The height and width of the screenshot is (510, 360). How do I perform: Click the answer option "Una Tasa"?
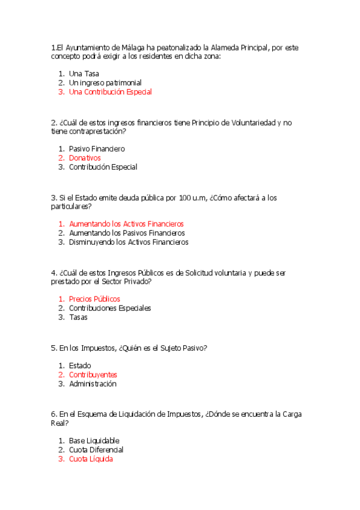point(84,73)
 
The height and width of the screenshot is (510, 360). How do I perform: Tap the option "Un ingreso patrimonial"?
point(105,82)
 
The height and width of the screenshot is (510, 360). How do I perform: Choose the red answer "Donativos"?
point(85,158)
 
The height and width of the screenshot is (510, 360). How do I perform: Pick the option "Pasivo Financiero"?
point(97,149)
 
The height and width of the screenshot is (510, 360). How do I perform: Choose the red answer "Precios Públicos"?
point(94,299)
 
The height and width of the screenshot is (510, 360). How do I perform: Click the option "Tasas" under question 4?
point(78,317)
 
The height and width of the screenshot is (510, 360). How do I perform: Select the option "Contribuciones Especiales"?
point(110,308)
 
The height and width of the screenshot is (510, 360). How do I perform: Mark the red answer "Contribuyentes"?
point(93,375)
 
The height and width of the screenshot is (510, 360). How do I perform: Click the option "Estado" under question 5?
point(80,365)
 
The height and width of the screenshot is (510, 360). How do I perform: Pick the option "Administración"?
point(93,384)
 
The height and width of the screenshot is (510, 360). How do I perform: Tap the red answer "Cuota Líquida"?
point(91,459)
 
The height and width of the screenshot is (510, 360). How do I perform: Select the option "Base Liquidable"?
point(94,441)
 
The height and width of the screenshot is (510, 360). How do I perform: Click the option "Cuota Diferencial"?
point(96,450)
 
